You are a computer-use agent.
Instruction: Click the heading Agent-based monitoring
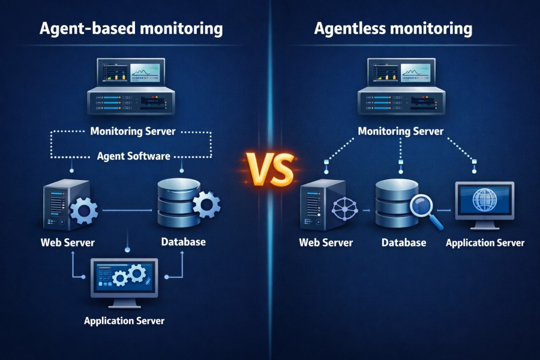click(131, 29)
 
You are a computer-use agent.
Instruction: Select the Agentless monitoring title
click(392, 29)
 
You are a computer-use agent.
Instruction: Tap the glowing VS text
click(270, 169)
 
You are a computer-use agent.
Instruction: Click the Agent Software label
click(133, 156)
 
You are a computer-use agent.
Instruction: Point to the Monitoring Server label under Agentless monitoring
click(401, 131)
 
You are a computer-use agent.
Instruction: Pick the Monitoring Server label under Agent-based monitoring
click(133, 131)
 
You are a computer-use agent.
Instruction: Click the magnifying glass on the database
click(425, 211)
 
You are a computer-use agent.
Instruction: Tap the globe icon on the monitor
click(484, 200)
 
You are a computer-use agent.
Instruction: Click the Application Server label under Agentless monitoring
click(485, 243)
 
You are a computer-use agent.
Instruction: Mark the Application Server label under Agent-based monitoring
click(124, 320)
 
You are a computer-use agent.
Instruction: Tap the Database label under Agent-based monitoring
click(184, 242)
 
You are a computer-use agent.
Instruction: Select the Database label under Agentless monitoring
click(404, 243)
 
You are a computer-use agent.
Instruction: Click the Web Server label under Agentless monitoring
click(326, 243)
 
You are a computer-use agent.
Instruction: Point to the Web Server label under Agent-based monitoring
click(68, 243)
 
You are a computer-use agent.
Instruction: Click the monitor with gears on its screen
click(124, 277)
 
